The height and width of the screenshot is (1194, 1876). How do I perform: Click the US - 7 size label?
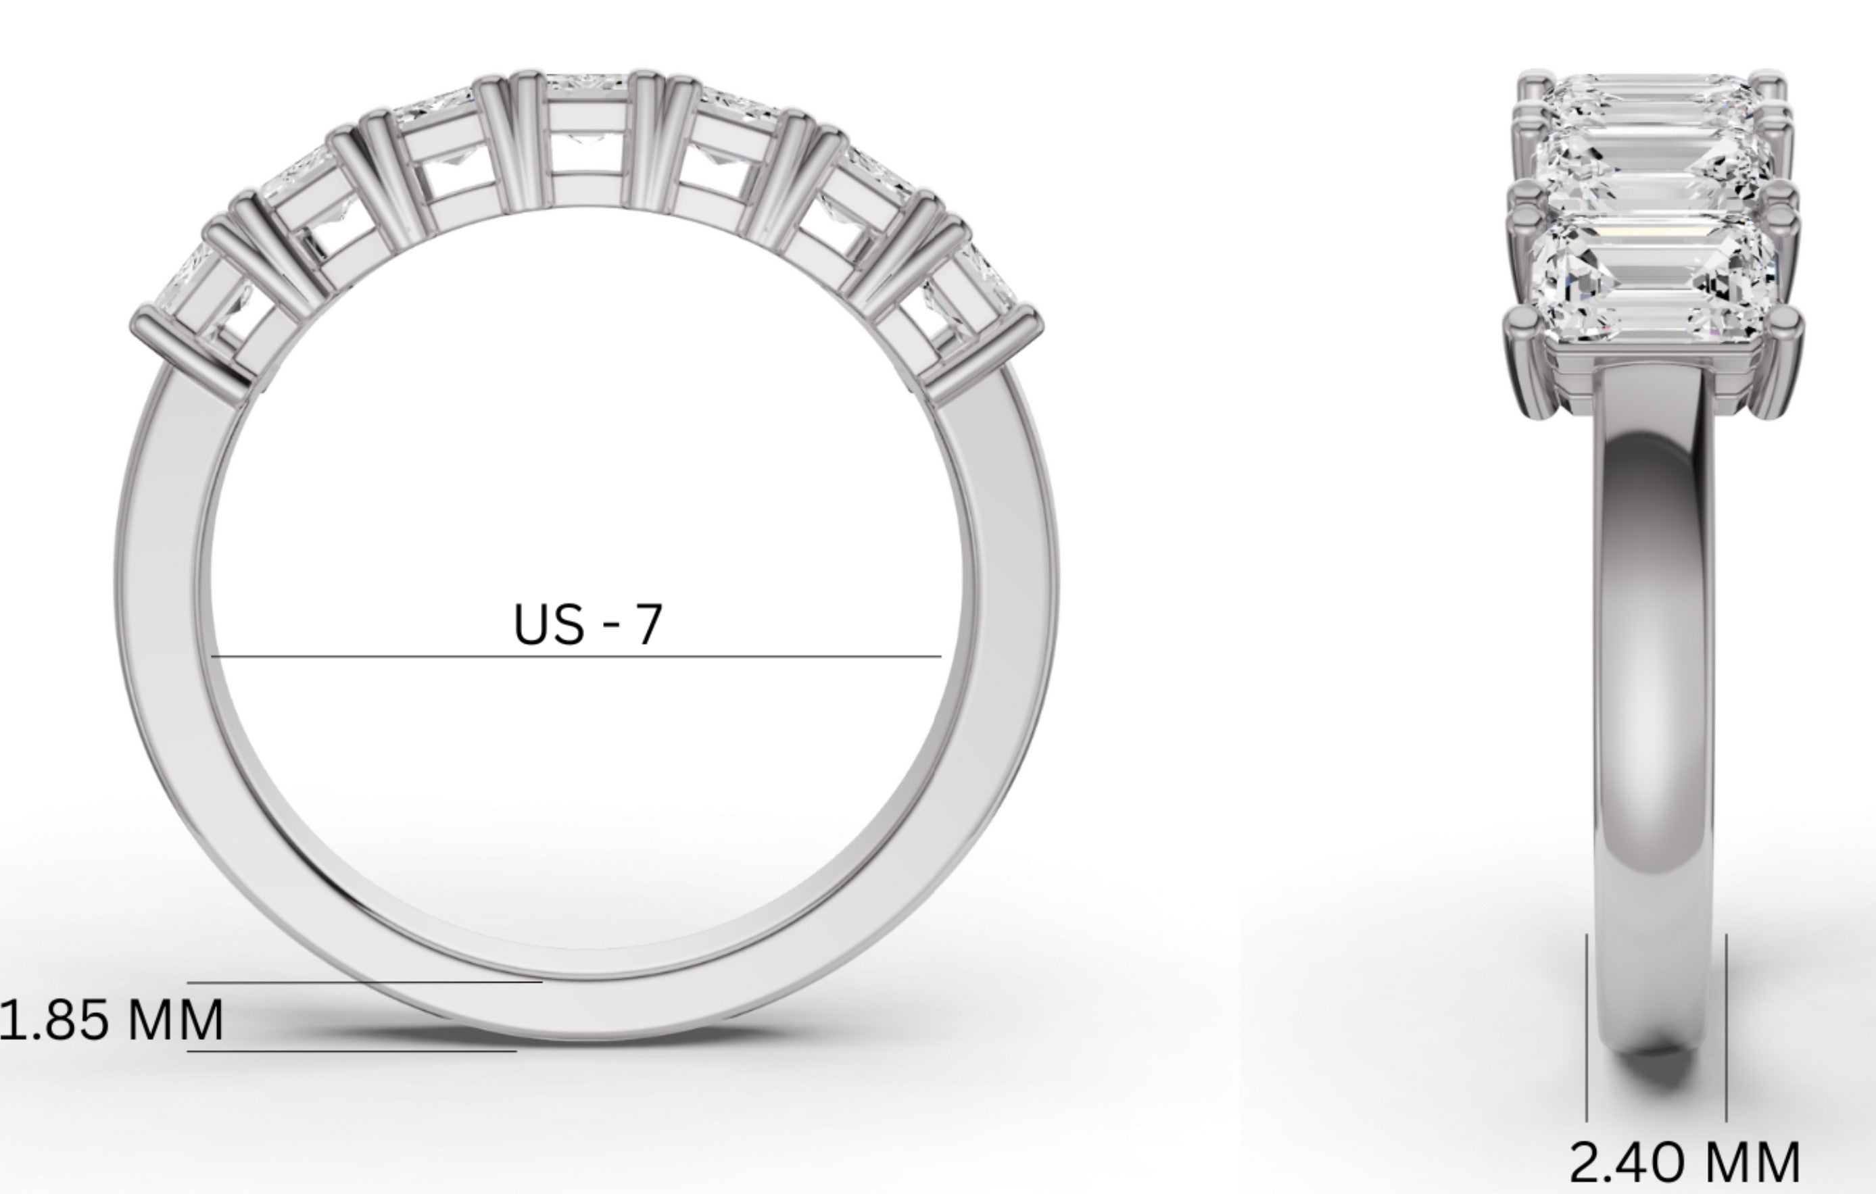tap(587, 624)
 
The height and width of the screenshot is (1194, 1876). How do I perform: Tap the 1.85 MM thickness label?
tap(112, 1021)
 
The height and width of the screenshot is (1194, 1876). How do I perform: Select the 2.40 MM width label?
tap(1685, 1164)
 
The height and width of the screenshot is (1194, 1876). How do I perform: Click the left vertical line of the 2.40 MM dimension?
tap(1586, 1028)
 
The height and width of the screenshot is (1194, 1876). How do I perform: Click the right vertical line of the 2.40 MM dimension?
tap(1727, 1028)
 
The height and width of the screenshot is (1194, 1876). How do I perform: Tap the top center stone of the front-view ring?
tap(586, 124)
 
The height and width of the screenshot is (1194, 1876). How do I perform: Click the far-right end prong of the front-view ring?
tap(983, 351)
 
